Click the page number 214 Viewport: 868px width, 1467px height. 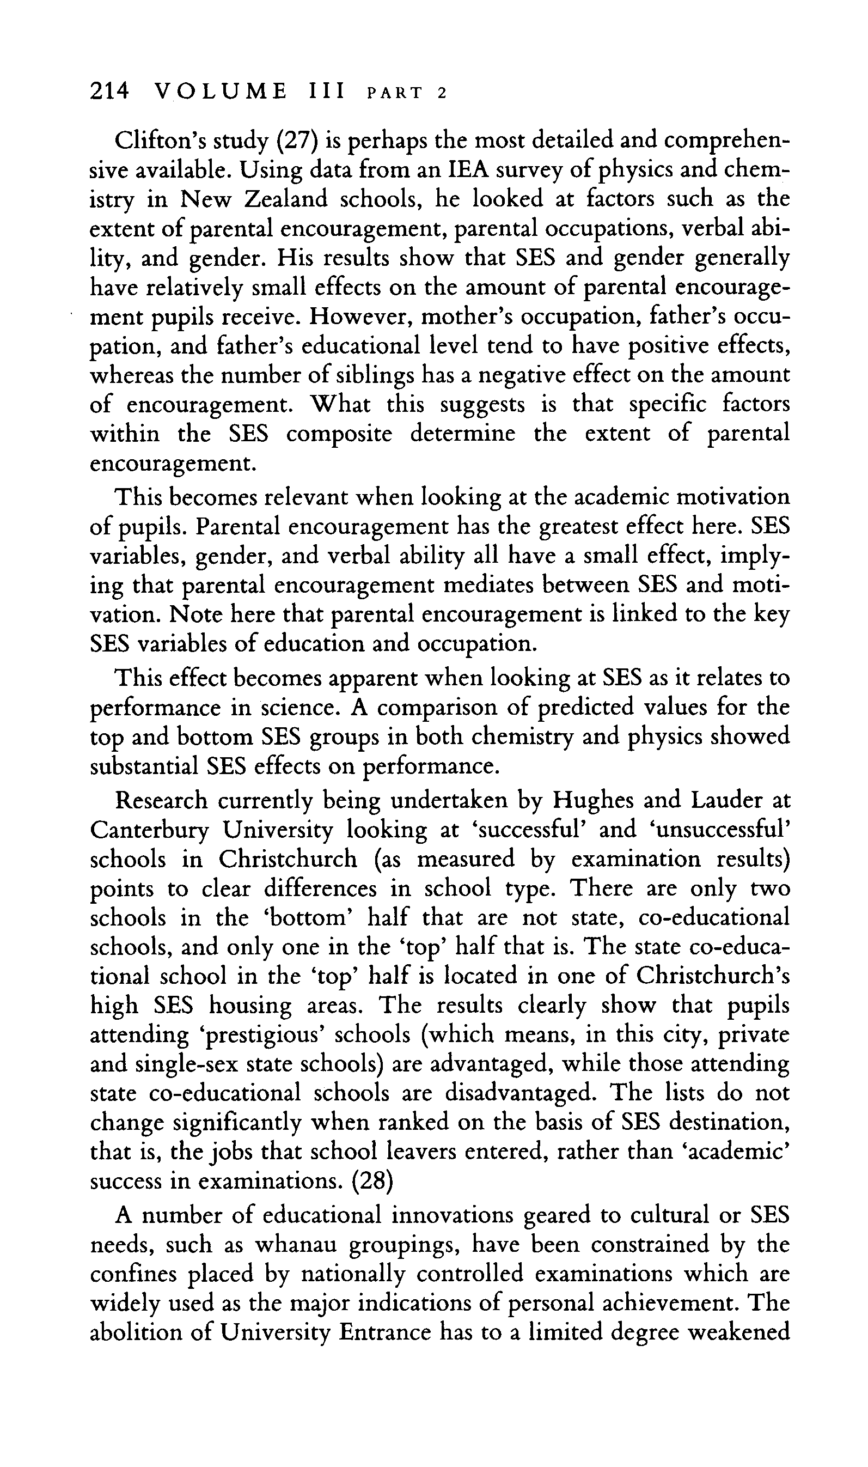(109, 92)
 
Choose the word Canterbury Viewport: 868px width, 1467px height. (149, 830)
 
